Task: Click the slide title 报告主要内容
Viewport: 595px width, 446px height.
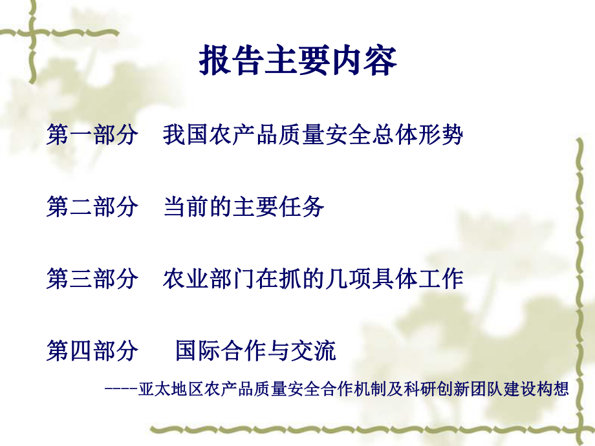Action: point(297,62)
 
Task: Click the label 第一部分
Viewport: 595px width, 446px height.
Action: point(92,136)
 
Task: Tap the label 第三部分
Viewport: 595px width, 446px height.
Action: point(92,279)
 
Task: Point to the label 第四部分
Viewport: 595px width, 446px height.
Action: point(92,351)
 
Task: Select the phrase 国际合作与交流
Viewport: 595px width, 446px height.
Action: point(256,351)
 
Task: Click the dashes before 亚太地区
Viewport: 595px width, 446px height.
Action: point(120,389)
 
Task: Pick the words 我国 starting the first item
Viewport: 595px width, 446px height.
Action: point(177,136)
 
